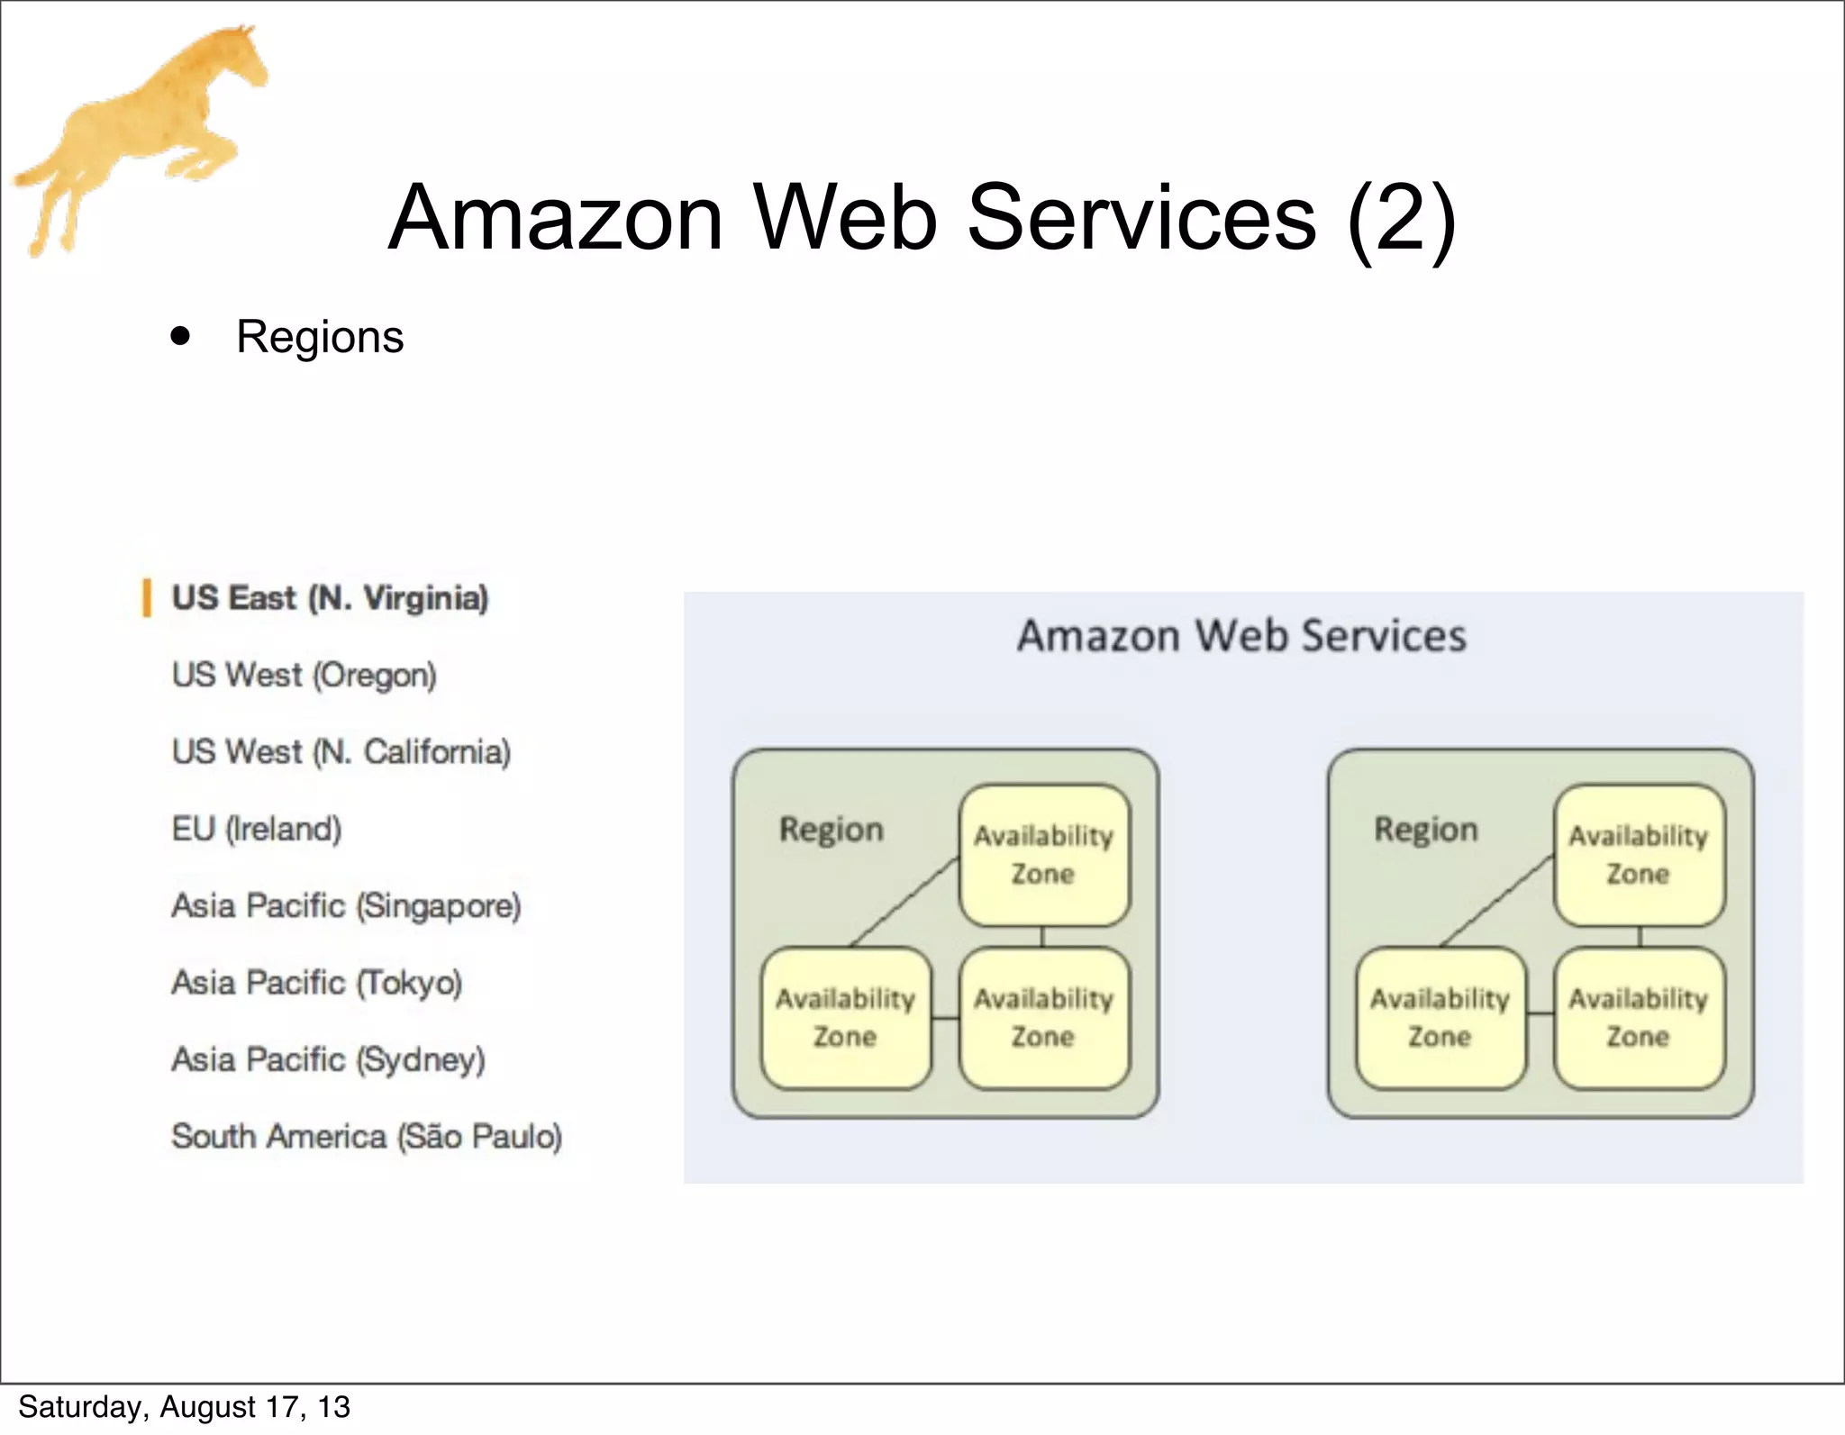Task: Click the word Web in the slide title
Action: click(x=845, y=218)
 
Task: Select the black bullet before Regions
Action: click(x=181, y=337)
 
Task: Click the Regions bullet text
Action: click(x=320, y=337)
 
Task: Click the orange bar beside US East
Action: click(x=146, y=598)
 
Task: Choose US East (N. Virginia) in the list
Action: click(x=330, y=598)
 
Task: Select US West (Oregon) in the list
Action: click(x=304, y=675)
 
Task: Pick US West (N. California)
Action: click(x=341, y=751)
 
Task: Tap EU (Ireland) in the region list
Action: click(x=257, y=829)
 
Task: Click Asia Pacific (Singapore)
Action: click(x=346, y=905)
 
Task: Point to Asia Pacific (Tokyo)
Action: click(x=316, y=982)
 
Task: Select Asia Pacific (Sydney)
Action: click(x=328, y=1059)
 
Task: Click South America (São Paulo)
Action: click(x=367, y=1136)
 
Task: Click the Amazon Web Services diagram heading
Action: click(x=1241, y=636)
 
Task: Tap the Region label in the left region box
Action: click(x=831, y=829)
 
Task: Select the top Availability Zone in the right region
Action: click(x=1639, y=854)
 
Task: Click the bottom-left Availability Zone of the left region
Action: click(x=845, y=1018)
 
